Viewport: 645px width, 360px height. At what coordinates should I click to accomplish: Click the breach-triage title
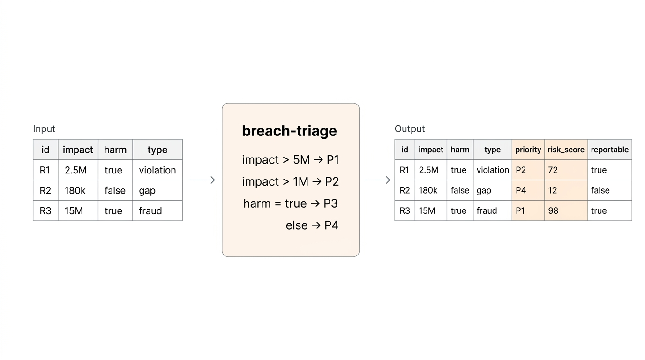coord(289,131)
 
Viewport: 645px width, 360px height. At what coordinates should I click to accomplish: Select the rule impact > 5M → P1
coord(290,160)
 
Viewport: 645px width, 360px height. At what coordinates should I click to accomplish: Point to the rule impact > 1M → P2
coord(290,182)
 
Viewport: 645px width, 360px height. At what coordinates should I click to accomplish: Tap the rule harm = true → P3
coord(290,203)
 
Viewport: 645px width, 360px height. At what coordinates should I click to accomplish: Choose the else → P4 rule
coord(312,225)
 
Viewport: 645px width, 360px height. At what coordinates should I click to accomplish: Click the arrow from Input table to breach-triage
coord(202,180)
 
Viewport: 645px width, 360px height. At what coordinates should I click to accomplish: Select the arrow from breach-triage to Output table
coord(377,180)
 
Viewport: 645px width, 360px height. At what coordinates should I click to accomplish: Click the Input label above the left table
coord(44,129)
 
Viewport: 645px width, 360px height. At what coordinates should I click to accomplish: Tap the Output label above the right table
coord(410,129)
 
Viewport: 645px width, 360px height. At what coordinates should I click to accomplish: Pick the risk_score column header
coord(566,150)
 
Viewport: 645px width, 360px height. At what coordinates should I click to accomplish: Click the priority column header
coord(528,150)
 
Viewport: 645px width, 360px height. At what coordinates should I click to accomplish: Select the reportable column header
coord(609,150)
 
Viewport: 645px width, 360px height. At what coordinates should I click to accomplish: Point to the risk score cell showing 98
coord(566,211)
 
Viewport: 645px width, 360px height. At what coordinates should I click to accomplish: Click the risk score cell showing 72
coord(566,170)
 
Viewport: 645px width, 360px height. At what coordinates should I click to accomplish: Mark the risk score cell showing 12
coord(566,190)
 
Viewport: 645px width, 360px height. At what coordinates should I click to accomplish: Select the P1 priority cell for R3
coord(528,211)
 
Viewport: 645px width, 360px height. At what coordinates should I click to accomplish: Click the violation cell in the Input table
coord(157,170)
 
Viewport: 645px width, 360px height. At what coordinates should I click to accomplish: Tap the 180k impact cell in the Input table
coord(78,190)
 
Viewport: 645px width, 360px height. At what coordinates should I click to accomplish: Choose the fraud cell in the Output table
coord(492,211)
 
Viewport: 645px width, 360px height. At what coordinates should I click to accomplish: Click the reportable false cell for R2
coord(609,190)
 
